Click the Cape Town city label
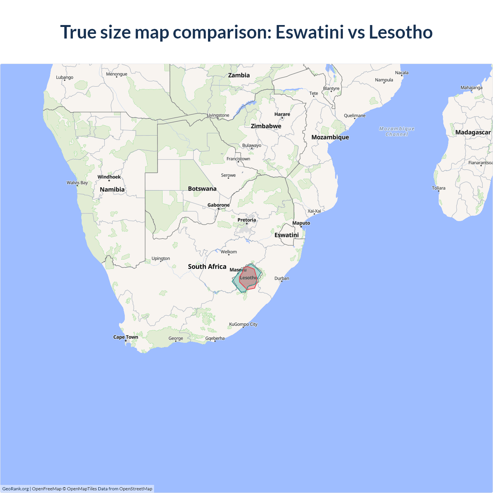click(x=126, y=337)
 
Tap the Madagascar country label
click(x=473, y=132)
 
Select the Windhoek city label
click(x=109, y=177)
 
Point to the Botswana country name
click(x=202, y=189)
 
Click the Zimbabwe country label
click(x=266, y=126)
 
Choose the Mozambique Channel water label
click(x=397, y=131)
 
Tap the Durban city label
click(x=282, y=278)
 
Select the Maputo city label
click(x=301, y=223)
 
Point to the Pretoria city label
click(x=246, y=220)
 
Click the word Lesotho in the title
click(x=401, y=32)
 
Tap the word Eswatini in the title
click(x=309, y=32)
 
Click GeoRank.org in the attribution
click(x=15, y=489)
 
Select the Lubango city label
click(x=65, y=77)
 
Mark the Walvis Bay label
click(x=77, y=183)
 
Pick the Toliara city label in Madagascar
click(x=438, y=188)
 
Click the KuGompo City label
click(x=243, y=324)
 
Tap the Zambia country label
click(x=239, y=75)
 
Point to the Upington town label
click(x=161, y=258)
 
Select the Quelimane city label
click(x=354, y=116)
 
